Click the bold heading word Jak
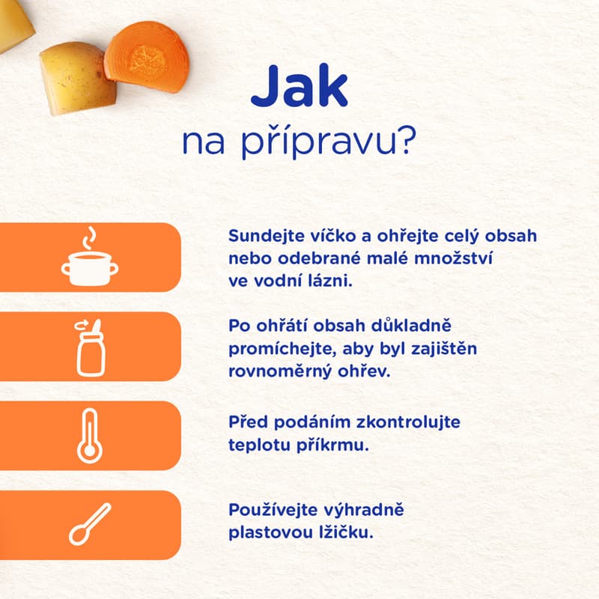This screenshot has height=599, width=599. (x=299, y=86)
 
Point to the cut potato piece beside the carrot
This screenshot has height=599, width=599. (x=77, y=78)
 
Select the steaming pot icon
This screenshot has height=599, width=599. (x=90, y=256)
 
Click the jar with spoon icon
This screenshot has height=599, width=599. (x=90, y=347)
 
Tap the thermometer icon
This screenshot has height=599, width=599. (x=90, y=436)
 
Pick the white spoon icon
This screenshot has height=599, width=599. (x=90, y=523)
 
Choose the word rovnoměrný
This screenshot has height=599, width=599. (x=280, y=371)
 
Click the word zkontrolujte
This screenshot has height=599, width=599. (x=408, y=422)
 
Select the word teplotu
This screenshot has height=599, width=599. (x=259, y=446)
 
